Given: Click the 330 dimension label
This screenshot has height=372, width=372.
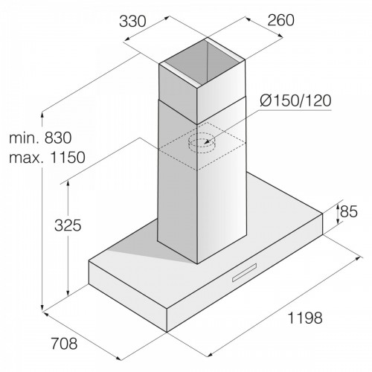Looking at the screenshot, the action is point(132,21).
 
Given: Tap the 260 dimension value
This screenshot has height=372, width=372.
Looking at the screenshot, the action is point(280,20).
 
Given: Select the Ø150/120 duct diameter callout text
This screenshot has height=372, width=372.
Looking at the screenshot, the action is point(295,100).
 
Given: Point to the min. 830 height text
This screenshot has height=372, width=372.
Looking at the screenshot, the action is point(40,138).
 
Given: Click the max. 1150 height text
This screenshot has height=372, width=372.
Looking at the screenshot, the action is point(47,157).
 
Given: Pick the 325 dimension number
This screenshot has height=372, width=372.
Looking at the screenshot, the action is point(68,225).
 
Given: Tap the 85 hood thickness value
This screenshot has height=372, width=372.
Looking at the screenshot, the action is point(348,211).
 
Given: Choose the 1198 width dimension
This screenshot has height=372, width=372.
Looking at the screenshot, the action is point(305,318).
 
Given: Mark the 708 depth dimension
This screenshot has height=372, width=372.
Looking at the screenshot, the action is point(64,344).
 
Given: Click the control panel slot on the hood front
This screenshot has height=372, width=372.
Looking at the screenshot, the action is point(244,273).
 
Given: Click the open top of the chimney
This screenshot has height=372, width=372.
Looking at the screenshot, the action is point(202,63).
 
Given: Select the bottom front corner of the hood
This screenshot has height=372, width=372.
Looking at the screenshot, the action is point(167,332).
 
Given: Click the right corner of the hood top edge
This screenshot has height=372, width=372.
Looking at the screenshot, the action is point(323,214).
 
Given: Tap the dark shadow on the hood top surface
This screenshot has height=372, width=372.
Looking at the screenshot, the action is point(147,243).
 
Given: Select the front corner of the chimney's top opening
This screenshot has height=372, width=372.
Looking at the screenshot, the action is point(197,88).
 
